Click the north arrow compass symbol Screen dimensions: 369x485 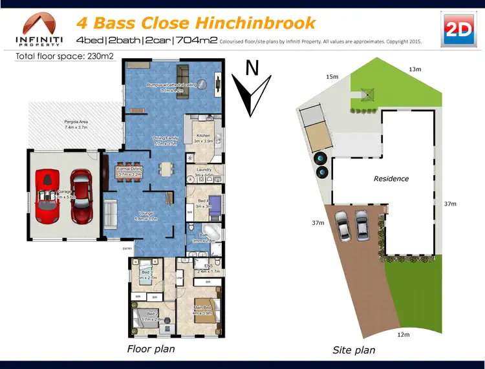pyautogui.click(x=250, y=90)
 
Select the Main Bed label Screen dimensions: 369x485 pyautogui.click(x=203, y=310)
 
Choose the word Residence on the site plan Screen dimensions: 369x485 pyautogui.click(x=391, y=178)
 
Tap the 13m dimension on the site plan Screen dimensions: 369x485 pyautogui.click(x=415, y=69)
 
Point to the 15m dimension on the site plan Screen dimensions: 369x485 pyautogui.click(x=332, y=77)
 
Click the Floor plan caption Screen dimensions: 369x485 pyautogui.click(x=151, y=350)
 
